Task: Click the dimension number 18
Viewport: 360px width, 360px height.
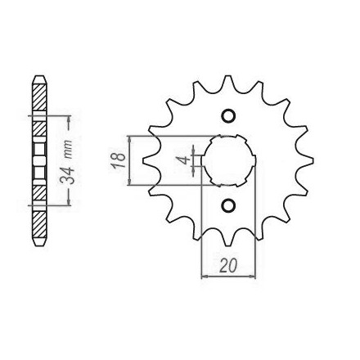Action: (118, 160)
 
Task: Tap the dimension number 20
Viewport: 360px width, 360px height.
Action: (228, 265)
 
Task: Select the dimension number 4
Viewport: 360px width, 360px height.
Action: (186, 160)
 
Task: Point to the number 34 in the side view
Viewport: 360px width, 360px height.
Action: (67, 176)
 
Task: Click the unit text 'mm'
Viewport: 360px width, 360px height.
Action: (67, 150)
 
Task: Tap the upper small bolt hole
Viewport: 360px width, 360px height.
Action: (228, 115)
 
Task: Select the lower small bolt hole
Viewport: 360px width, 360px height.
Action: (228, 205)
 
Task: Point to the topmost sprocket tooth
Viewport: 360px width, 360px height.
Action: (228, 82)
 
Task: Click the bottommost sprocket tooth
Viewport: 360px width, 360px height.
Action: (228, 239)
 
